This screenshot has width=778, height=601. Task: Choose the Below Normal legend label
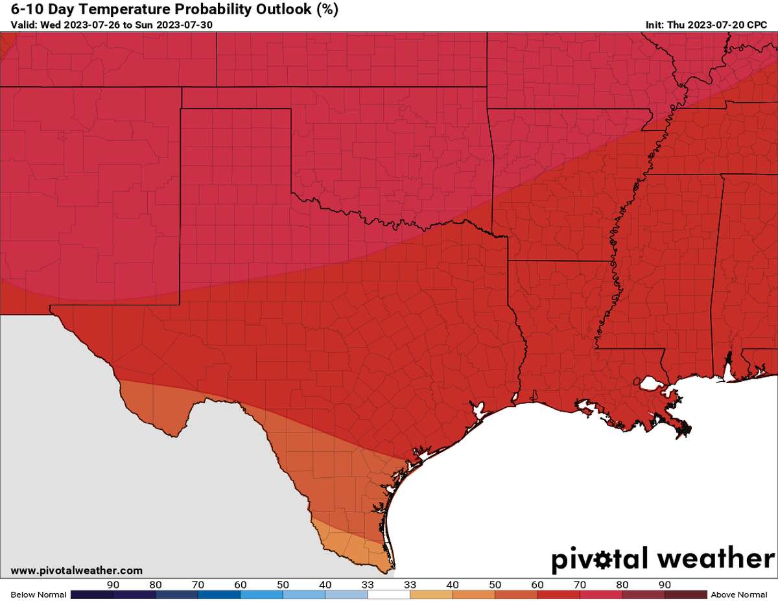[38, 595]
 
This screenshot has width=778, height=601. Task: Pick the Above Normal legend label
[738, 595]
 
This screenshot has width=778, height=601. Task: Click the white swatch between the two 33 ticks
[389, 595]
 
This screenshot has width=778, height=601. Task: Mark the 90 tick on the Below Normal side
[113, 584]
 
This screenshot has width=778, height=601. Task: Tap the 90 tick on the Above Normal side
[665, 584]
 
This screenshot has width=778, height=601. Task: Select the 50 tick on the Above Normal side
[495, 584]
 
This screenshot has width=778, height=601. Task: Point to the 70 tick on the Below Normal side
[198, 584]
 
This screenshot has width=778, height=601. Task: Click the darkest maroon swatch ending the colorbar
[686, 595]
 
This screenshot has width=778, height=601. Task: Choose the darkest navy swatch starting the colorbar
[91, 595]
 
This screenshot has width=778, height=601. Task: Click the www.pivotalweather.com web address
[77, 571]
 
